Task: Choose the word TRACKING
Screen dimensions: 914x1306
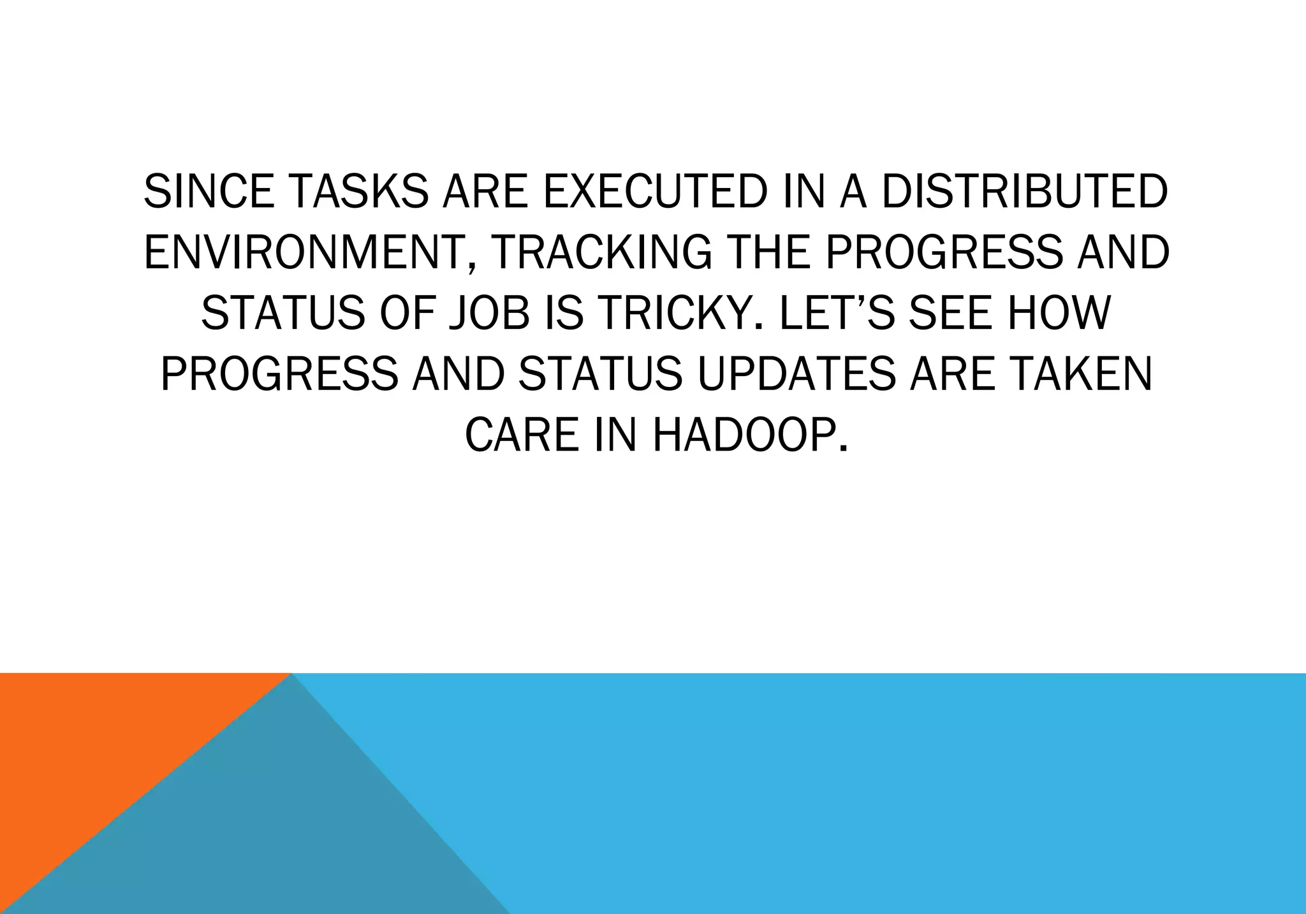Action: click(x=602, y=252)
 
